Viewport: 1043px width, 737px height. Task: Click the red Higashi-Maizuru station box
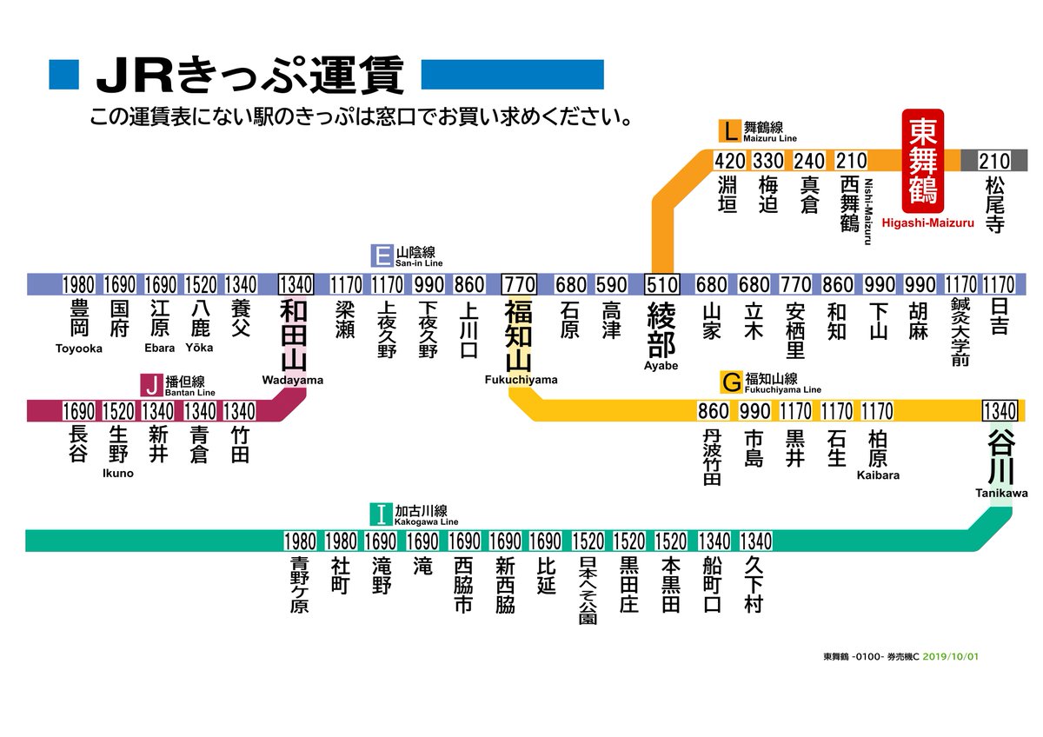(922, 162)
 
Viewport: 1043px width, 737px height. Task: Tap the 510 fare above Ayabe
(662, 285)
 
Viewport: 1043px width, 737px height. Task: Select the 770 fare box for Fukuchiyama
(519, 285)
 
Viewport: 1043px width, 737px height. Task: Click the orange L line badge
(728, 132)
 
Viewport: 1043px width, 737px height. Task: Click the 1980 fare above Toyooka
(78, 285)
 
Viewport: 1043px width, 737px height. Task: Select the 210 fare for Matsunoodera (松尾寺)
(994, 162)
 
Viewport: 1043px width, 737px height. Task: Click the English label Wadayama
(292, 380)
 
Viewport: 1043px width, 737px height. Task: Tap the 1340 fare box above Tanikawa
(1000, 410)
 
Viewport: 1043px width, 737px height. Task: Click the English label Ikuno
(118, 473)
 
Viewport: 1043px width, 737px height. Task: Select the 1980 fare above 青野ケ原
(300, 541)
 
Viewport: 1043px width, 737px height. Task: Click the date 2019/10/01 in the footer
(951, 656)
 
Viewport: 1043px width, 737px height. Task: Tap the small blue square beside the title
(64, 75)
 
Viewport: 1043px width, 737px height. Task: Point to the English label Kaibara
(878, 475)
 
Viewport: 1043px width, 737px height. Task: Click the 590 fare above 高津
(612, 285)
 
